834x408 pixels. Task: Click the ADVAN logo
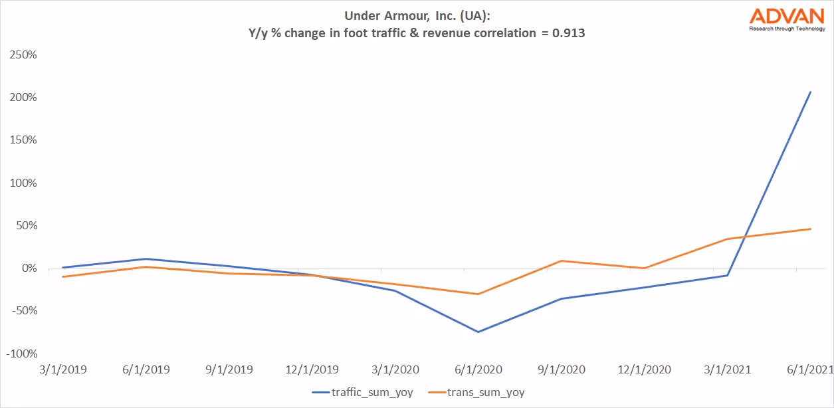click(785, 19)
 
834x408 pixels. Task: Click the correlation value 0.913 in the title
click(568, 33)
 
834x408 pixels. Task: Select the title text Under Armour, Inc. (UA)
click(417, 16)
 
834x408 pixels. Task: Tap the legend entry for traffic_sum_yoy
click(362, 392)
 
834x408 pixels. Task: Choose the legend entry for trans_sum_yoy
click(476, 392)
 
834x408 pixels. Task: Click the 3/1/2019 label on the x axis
click(62, 369)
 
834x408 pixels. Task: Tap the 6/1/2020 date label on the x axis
click(478, 369)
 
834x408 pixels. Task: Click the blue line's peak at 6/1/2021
click(810, 92)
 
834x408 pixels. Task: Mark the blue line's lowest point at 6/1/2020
click(478, 332)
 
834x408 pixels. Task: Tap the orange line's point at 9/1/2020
click(562, 260)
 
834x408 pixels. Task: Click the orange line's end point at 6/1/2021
click(810, 229)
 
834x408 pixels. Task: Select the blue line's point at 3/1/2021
click(727, 275)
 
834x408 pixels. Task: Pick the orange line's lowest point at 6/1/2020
click(478, 294)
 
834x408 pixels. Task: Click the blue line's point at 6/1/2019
click(146, 259)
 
